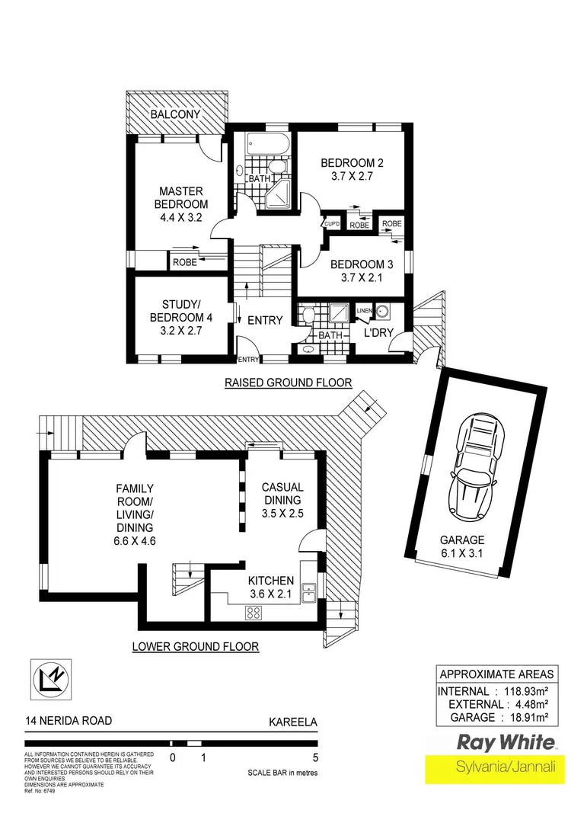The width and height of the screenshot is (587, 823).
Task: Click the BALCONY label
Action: point(175,114)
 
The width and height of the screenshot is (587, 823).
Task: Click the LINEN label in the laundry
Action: point(364,310)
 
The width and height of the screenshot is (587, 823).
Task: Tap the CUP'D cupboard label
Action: point(332,223)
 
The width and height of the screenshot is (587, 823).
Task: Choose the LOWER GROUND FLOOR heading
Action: point(196,647)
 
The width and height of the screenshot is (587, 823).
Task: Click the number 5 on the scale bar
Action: point(315,757)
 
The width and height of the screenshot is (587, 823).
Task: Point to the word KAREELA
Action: point(294,719)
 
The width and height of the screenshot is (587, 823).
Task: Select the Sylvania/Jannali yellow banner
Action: point(495,768)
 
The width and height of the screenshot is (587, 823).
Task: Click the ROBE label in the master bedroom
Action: point(185,261)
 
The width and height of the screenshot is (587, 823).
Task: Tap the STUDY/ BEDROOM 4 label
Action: point(180,311)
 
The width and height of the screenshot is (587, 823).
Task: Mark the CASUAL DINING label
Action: point(282,495)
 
